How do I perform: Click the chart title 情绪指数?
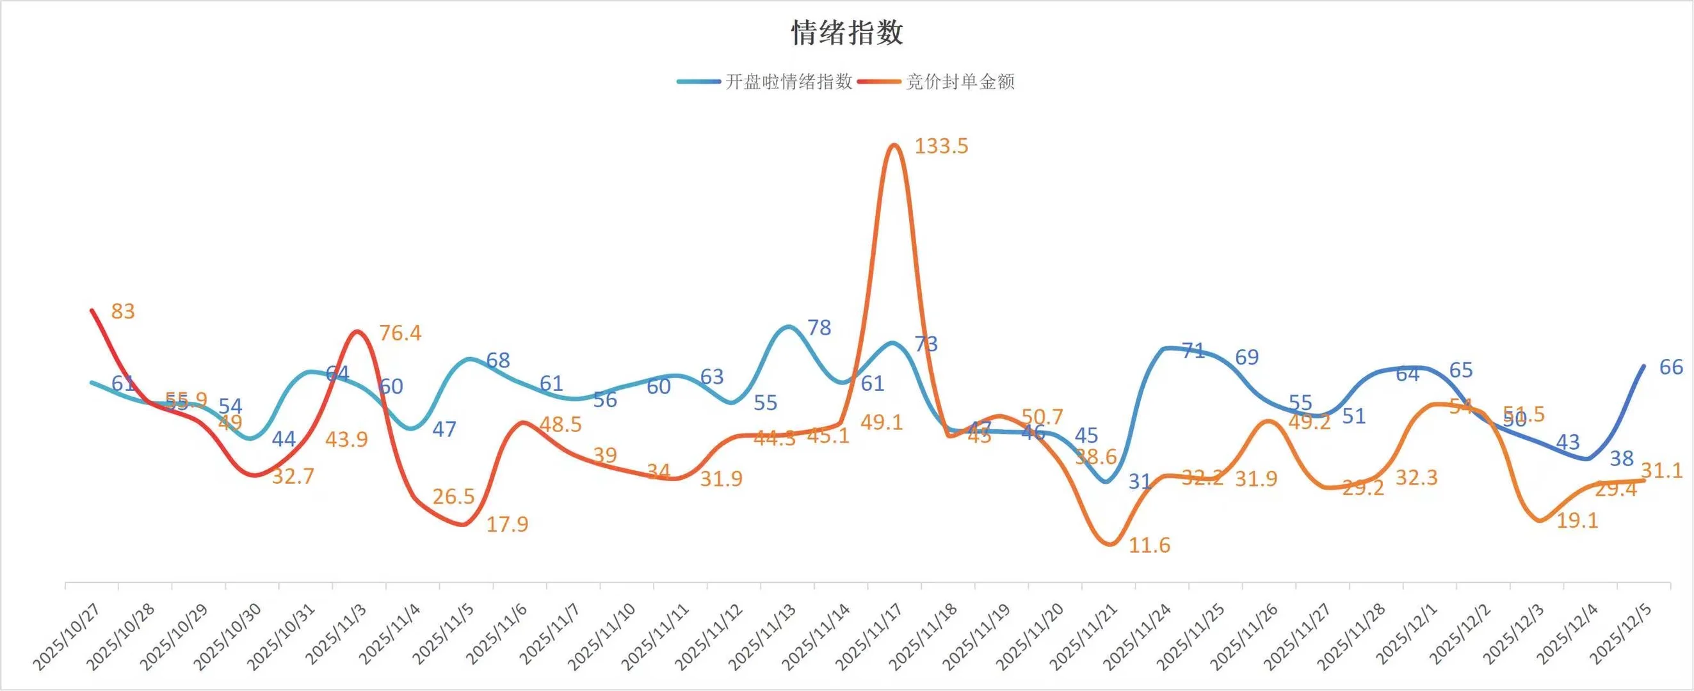click(847, 33)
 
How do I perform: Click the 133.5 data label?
click(941, 146)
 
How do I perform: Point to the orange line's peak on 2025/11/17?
click(893, 145)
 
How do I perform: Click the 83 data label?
click(123, 311)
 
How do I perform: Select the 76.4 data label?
click(400, 333)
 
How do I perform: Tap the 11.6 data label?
click(1150, 545)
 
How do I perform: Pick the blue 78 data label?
click(819, 328)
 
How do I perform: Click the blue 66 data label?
click(1671, 367)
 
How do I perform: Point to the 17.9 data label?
click(507, 524)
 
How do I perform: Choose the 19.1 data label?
click(1577, 521)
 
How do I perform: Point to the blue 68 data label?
click(498, 360)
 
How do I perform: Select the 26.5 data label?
click(453, 496)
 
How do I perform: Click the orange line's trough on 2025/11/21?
click(1109, 544)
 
